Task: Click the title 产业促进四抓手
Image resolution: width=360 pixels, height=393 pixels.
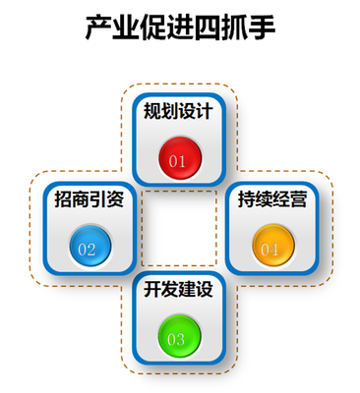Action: click(x=180, y=28)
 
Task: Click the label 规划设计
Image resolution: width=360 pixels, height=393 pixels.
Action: click(x=178, y=110)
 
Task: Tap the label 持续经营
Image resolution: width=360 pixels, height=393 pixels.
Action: click(x=271, y=199)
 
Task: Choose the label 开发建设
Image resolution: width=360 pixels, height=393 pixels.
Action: click(x=178, y=290)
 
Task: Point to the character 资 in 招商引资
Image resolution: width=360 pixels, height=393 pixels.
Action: click(x=114, y=199)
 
